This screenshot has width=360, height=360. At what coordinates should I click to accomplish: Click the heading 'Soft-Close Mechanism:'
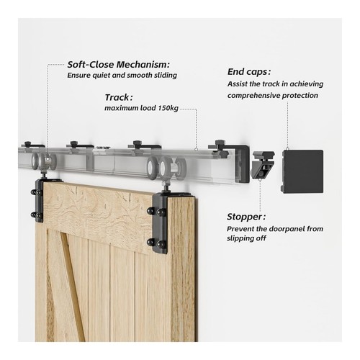(x=119, y=65)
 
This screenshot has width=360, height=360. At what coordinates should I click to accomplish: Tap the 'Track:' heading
(x=119, y=97)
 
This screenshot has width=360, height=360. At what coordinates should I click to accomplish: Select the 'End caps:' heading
(x=249, y=72)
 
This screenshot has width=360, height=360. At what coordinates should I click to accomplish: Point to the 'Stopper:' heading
(x=246, y=217)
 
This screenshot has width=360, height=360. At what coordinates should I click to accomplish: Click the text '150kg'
(x=168, y=108)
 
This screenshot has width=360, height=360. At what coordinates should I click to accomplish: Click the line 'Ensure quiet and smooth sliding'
(x=122, y=76)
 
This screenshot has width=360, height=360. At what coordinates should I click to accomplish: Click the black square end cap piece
(x=302, y=171)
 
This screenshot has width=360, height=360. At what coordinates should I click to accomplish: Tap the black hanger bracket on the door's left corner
(x=37, y=200)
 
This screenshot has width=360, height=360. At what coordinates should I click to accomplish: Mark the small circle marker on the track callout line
(x=196, y=149)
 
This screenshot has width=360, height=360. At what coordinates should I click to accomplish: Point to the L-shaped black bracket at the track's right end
(x=243, y=163)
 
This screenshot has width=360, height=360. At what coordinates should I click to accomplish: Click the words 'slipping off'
(x=246, y=238)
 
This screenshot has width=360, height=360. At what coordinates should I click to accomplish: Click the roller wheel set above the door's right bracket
(x=167, y=168)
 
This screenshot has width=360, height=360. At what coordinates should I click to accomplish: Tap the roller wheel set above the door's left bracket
(x=44, y=161)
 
